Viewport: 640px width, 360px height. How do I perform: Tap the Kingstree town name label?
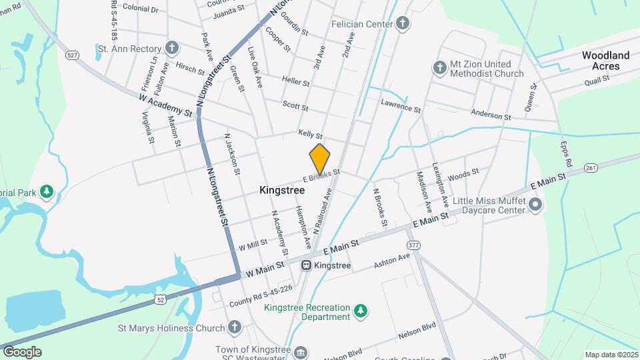(282, 190)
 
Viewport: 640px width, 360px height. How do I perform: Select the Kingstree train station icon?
(306, 265)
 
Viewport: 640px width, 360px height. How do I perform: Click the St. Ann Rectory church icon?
(172, 49)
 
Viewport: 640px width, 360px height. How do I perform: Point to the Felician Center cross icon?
(403, 24)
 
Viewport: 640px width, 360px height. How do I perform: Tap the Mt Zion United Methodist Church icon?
(439, 67)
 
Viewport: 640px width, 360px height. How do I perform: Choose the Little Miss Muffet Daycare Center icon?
(535, 205)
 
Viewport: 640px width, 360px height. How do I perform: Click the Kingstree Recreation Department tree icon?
(360, 311)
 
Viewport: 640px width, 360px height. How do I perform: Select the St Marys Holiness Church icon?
(234, 327)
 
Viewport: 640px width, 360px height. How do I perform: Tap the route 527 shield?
(73, 55)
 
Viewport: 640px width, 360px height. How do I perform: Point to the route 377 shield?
(414, 245)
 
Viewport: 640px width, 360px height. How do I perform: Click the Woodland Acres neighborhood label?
(605, 61)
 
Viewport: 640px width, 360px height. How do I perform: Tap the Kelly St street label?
(310, 135)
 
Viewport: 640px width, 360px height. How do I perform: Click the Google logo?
(22, 351)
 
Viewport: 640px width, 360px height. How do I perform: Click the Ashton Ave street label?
(391, 261)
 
